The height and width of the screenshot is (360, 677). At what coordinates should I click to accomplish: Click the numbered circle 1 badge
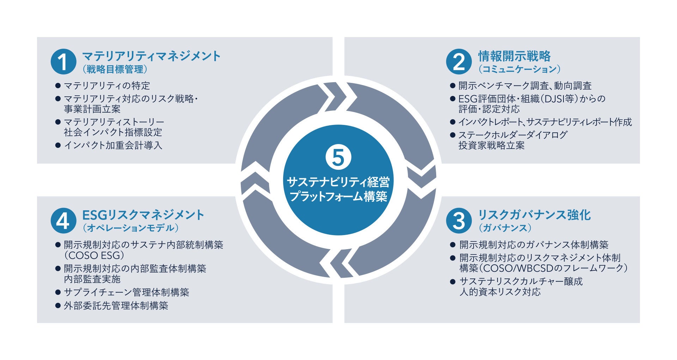[63, 62]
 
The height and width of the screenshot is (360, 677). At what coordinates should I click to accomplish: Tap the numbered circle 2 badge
[459, 62]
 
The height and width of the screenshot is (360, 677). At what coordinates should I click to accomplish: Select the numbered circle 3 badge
[459, 221]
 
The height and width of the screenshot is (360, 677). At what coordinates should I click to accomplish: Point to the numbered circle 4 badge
[63, 221]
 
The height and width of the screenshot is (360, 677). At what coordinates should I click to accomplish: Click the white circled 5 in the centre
[338, 157]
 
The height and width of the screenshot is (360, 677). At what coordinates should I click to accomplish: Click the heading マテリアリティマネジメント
[151, 56]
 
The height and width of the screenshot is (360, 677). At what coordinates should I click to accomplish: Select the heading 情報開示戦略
[514, 56]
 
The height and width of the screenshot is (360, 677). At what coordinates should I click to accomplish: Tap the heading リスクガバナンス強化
[534, 215]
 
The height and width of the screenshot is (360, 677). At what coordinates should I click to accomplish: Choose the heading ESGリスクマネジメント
[143, 215]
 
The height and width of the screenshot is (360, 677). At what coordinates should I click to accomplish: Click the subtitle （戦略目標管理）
[115, 69]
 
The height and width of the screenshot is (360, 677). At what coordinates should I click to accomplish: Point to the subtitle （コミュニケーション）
[519, 69]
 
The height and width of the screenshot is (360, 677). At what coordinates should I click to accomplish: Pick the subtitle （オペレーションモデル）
[130, 228]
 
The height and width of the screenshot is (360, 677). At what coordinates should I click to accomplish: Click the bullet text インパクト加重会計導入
[113, 145]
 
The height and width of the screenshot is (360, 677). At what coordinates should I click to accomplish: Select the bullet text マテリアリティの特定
[107, 86]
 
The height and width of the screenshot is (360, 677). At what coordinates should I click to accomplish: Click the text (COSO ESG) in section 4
[94, 255]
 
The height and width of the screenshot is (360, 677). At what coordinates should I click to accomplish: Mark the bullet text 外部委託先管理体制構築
[116, 306]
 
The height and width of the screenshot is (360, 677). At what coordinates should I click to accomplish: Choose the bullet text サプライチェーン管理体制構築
[127, 292]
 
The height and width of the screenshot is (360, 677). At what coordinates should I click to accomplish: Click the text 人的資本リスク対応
[500, 292]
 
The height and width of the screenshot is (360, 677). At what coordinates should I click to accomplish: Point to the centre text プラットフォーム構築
[338, 196]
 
